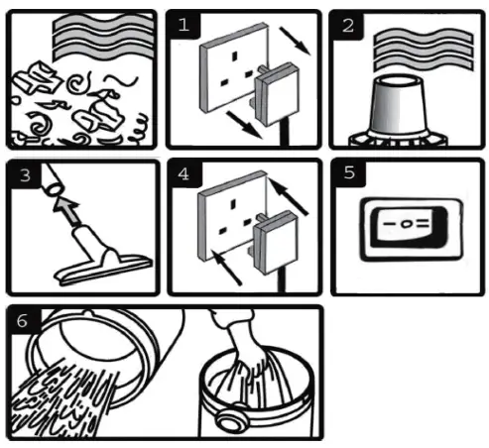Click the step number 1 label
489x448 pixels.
tap(183, 25)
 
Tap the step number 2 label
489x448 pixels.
tap(348, 26)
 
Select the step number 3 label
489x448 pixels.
tap(25, 175)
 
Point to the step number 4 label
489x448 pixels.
tap(183, 173)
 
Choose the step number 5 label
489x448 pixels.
tap(349, 172)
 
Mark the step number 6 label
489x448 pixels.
tap(22, 321)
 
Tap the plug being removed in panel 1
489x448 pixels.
tap(277, 94)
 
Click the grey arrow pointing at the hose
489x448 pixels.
tap(67, 211)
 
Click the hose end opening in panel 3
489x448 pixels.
tap(54, 190)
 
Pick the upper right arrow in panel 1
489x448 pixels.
tap(295, 41)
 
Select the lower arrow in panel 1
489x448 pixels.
tap(244, 125)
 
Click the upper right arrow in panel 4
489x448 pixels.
tap(288, 196)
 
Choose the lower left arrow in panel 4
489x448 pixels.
tap(226, 267)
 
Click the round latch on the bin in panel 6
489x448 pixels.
tap(231, 420)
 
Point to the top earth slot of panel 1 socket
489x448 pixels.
tap(235, 56)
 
